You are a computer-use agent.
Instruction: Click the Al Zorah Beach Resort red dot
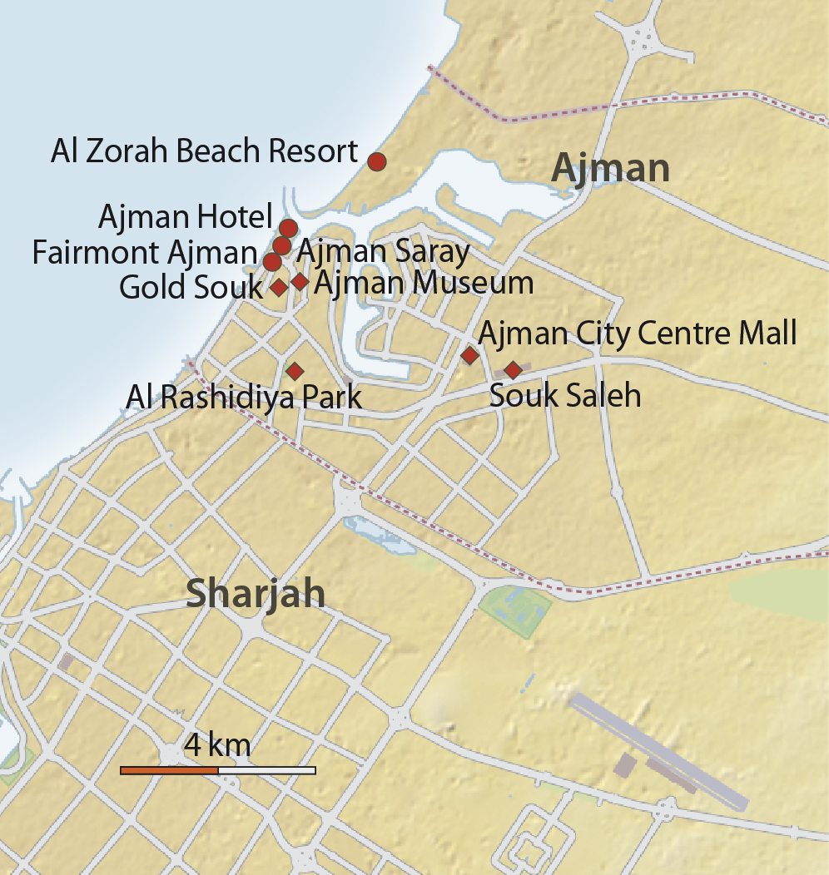click(x=376, y=161)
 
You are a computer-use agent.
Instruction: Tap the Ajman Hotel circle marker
click(x=288, y=228)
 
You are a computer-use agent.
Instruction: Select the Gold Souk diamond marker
click(x=279, y=288)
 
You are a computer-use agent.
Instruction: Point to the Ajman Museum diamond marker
click(x=300, y=282)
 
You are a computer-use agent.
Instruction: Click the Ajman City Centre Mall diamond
click(x=469, y=356)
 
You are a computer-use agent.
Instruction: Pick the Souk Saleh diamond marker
click(x=513, y=369)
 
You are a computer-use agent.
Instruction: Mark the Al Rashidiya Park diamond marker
click(x=293, y=370)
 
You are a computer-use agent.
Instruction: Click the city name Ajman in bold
click(x=611, y=169)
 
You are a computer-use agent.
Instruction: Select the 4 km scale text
click(x=217, y=744)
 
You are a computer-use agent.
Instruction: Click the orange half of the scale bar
click(x=169, y=770)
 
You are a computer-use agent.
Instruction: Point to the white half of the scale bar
click(x=266, y=770)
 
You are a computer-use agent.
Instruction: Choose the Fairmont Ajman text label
click(x=145, y=253)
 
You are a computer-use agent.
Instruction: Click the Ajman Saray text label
click(x=383, y=250)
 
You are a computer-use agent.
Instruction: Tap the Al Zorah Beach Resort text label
click(x=204, y=152)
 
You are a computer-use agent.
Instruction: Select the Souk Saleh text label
click(x=565, y=395)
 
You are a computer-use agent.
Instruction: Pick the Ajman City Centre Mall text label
click(x=638, y=334)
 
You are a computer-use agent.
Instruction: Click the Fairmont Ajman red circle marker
click(x=272, y=262)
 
